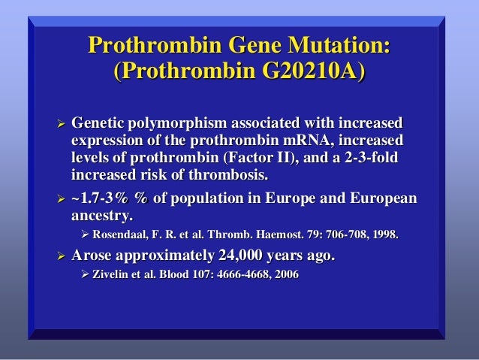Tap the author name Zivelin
111,276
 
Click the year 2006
284,276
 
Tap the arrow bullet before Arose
52,257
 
